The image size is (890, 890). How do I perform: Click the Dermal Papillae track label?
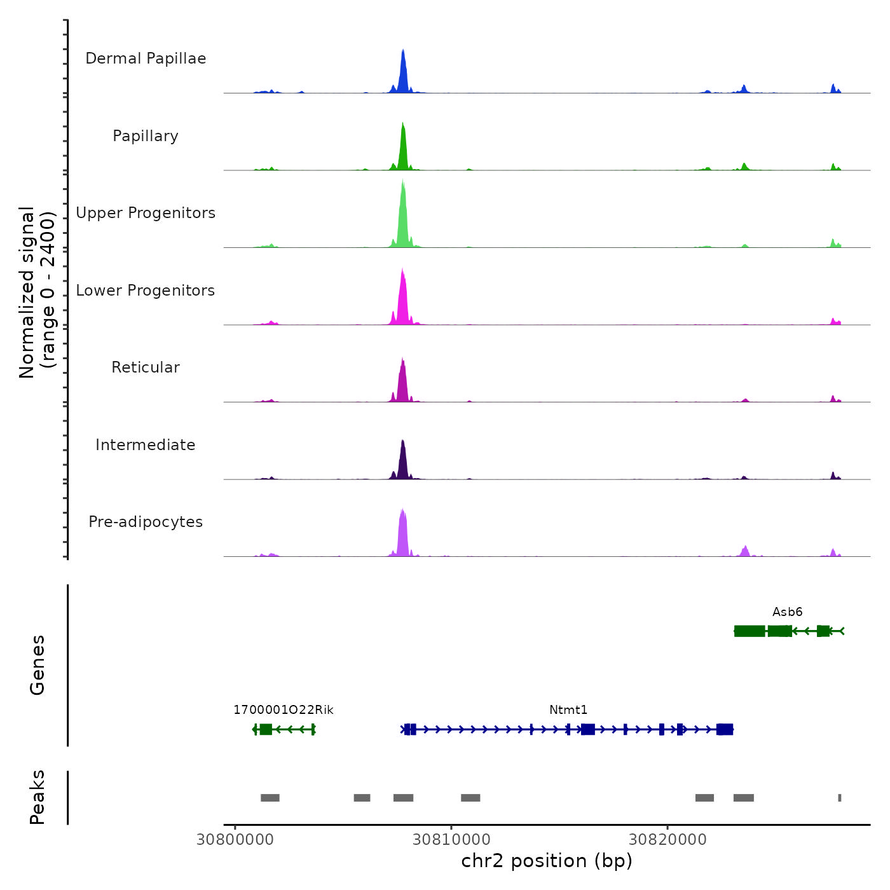146,58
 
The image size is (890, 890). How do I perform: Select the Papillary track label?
146,136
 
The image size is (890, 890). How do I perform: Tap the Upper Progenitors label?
146,213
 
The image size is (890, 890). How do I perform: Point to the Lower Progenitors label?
146,291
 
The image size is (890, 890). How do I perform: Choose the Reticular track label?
146,367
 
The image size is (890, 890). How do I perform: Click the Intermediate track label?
146,445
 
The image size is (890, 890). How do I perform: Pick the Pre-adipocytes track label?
146,522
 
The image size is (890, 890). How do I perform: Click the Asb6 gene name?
787,612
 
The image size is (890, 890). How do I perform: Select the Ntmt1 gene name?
568,710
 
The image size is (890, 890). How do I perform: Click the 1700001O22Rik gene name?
284,710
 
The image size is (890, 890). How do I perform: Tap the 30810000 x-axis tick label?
451,840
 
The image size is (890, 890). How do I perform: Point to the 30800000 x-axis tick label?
235,840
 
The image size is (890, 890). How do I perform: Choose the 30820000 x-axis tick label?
667,840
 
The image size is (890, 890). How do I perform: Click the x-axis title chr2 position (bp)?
547,861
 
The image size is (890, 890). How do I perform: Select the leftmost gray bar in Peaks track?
270,798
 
